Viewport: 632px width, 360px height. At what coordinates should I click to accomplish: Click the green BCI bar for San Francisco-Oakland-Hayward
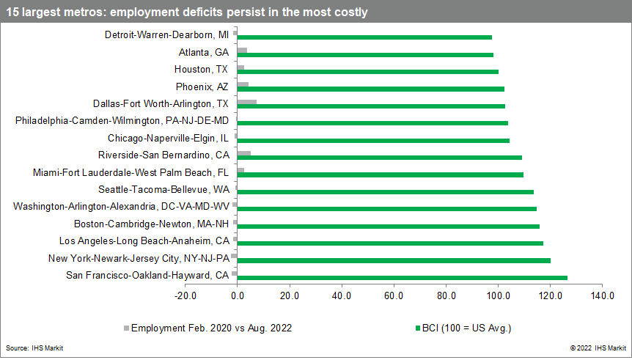[402, 277]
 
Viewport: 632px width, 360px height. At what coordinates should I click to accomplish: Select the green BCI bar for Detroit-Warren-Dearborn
[364, 37]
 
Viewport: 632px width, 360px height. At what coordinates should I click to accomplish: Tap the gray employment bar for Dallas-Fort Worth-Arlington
[247, 102]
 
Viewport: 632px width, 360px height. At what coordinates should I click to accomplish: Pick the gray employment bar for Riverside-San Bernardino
[244, 153]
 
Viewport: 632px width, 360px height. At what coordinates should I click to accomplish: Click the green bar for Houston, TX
[368, 71]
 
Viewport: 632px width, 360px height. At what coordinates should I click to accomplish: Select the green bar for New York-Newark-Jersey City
[394, 260]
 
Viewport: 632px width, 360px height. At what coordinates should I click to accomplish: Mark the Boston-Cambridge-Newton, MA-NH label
[151, 224]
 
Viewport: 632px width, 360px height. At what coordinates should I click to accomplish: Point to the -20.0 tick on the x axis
[185, 296]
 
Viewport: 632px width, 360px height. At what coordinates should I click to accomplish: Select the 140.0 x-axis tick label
[602, 296]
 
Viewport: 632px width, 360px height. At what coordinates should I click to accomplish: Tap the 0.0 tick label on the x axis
[238, 296]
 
